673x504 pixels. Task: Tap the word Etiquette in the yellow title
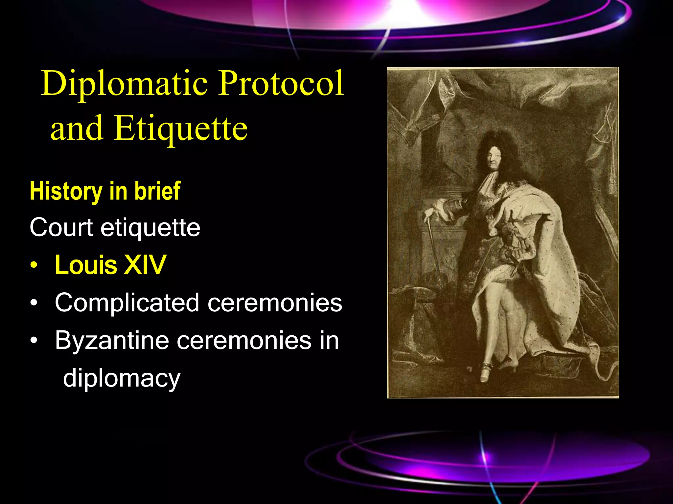180,129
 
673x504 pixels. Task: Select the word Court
61,227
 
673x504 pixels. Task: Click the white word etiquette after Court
150,227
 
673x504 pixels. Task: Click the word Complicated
127,303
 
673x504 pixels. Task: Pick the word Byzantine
112,341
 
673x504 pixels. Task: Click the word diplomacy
122,378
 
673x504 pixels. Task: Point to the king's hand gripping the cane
428,215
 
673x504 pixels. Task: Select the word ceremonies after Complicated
275,303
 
